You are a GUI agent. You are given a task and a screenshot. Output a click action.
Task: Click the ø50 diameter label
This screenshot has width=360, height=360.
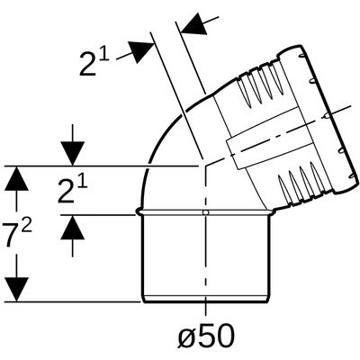coord(206,335)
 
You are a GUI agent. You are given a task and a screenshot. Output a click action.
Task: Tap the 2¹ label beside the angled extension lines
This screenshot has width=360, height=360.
coord(94,64)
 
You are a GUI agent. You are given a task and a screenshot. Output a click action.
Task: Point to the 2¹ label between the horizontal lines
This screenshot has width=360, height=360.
coord(72,191)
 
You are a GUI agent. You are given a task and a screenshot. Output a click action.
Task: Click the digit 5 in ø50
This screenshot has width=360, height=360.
coord(208,335)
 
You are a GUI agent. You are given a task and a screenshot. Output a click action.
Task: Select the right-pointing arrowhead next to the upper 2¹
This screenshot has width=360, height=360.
coord(141,51)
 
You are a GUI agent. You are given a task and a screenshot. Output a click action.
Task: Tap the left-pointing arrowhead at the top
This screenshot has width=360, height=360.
coord(193,25)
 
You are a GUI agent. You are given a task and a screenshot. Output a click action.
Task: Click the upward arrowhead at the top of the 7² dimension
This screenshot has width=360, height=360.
coord(16,178)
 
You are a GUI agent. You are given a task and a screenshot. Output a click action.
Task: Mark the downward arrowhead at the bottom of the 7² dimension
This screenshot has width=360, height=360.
coord(16,289)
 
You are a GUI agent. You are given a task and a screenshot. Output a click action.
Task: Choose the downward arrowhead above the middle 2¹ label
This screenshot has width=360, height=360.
coord(72,154)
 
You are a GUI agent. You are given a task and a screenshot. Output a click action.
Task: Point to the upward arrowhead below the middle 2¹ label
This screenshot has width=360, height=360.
coord(72,227)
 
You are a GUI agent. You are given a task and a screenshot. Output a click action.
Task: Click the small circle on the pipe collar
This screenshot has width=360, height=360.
coord(205,212)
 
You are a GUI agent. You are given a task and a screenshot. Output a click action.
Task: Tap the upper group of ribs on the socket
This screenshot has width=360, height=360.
coord(260,85)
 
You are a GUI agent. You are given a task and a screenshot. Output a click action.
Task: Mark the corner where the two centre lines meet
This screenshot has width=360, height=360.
coord(205,165)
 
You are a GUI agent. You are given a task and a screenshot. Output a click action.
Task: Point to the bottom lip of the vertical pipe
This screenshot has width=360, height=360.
coord(205,299)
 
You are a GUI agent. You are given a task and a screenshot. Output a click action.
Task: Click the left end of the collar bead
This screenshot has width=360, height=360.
coord(138,212)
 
